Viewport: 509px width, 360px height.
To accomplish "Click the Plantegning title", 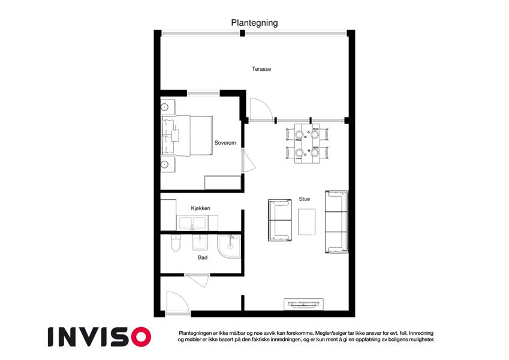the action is [254, 23].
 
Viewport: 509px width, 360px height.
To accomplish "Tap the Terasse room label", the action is [261, 69].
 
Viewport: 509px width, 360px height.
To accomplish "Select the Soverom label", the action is [225, 143].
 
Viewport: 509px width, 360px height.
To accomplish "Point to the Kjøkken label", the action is [200, 208].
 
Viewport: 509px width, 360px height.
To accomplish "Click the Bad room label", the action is [203, 257].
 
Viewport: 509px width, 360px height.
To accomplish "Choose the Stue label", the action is [304, 199].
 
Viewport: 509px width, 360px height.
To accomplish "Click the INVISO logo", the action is [100, 337].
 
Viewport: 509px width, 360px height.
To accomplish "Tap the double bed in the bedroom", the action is [187, 135].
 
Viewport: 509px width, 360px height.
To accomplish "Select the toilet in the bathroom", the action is [175, 243].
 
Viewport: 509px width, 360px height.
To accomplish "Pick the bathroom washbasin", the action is [199, 242].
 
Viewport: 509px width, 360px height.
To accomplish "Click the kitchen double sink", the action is [192, 223].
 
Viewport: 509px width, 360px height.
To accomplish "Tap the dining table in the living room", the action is [307, 143].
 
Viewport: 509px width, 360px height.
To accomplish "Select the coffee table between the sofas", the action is [307, 222].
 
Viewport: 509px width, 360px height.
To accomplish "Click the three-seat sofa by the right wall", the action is [336, 222].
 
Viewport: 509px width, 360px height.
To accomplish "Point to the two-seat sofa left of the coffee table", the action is [280, 220].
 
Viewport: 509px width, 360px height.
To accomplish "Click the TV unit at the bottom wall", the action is [304, 304].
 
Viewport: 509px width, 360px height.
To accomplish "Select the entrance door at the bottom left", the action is [177, 304].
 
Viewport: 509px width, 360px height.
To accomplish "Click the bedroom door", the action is [248, 161].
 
